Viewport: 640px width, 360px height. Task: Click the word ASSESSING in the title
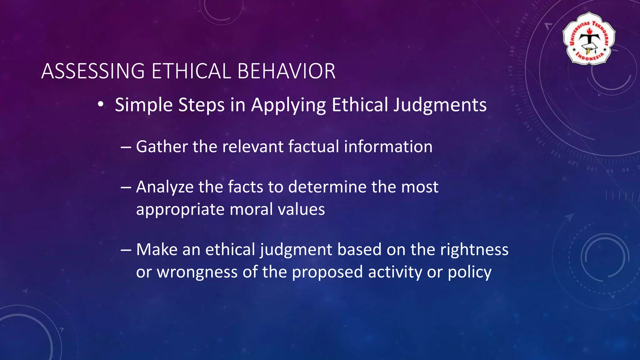[x=93, y=71]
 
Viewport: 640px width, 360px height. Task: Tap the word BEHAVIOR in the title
[x=286, y=71]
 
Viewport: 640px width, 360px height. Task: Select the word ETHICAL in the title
[x=191, y=71]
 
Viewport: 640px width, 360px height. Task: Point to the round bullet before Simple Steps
[x=100, y=105]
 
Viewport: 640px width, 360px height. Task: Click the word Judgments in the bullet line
[x=440, y=105]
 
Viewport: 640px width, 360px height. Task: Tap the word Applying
[x=288, y=105]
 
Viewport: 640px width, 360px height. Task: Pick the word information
[x=388, y=147]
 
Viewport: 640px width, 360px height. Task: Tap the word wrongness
[x=197, y=272]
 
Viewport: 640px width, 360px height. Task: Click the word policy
[x=469, y=272]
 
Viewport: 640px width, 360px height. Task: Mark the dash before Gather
[x=126, y=147]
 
